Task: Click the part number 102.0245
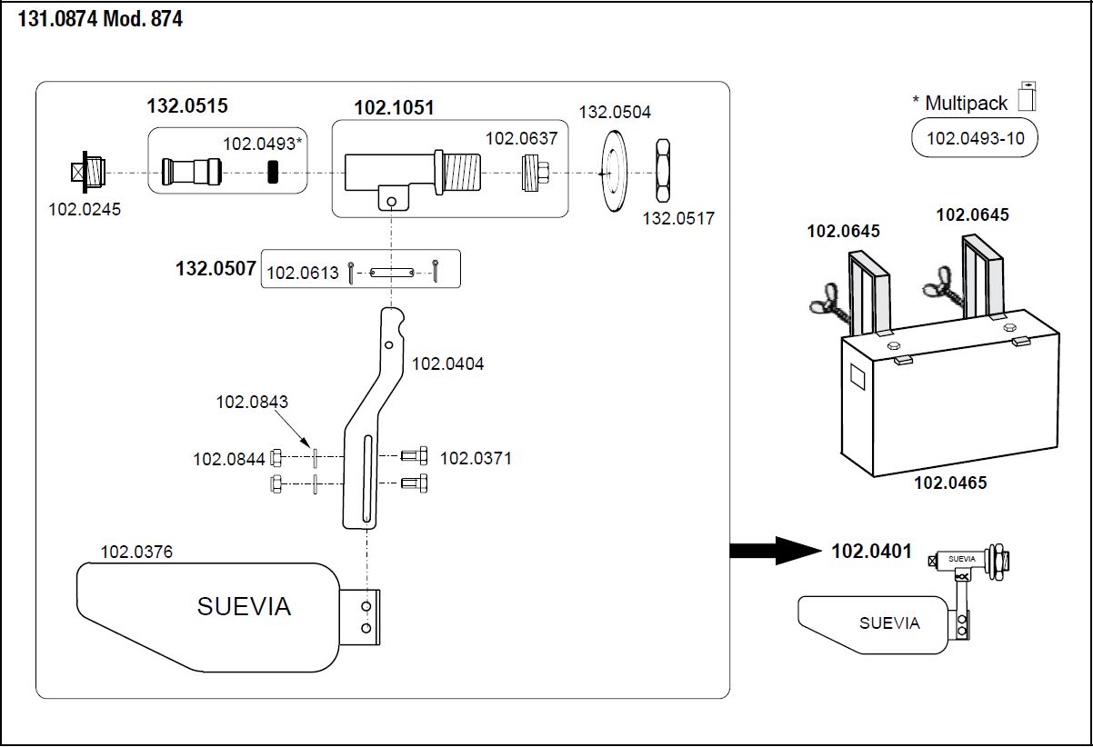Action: [x=85, y=210]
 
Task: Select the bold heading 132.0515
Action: [x=187, y=106]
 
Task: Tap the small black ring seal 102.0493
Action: [x=273, y=172]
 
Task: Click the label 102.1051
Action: [x=394, y=108]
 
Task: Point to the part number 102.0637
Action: [x=521, y=138]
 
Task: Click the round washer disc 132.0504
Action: [x=615, y=171]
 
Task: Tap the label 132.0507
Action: [x=216, y=270]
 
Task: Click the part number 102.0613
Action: [x=303, y=273]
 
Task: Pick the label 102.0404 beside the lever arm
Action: [x=448, y=364]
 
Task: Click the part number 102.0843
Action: [x=252, y=402]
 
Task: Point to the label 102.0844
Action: [x=229, y=459]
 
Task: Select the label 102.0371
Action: [x=476, y=458]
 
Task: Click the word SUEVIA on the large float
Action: [x=244, y=607]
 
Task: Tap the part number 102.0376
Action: [x=136, y=552]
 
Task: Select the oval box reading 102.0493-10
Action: [x=974, y=139]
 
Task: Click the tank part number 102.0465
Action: [x=950, y=483]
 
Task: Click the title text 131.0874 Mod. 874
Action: [x=100, y=19]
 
